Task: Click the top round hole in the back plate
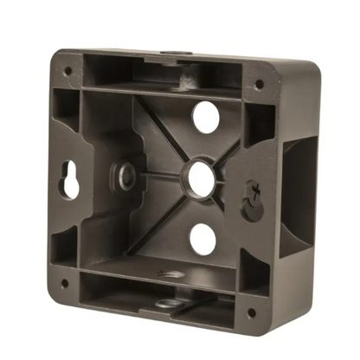point(204,117)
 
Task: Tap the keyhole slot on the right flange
point(252,198)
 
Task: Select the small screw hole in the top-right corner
point(259,85)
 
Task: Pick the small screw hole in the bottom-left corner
point(63,282)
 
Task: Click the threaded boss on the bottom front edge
point(164,304)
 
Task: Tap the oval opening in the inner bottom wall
point(171,274)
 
